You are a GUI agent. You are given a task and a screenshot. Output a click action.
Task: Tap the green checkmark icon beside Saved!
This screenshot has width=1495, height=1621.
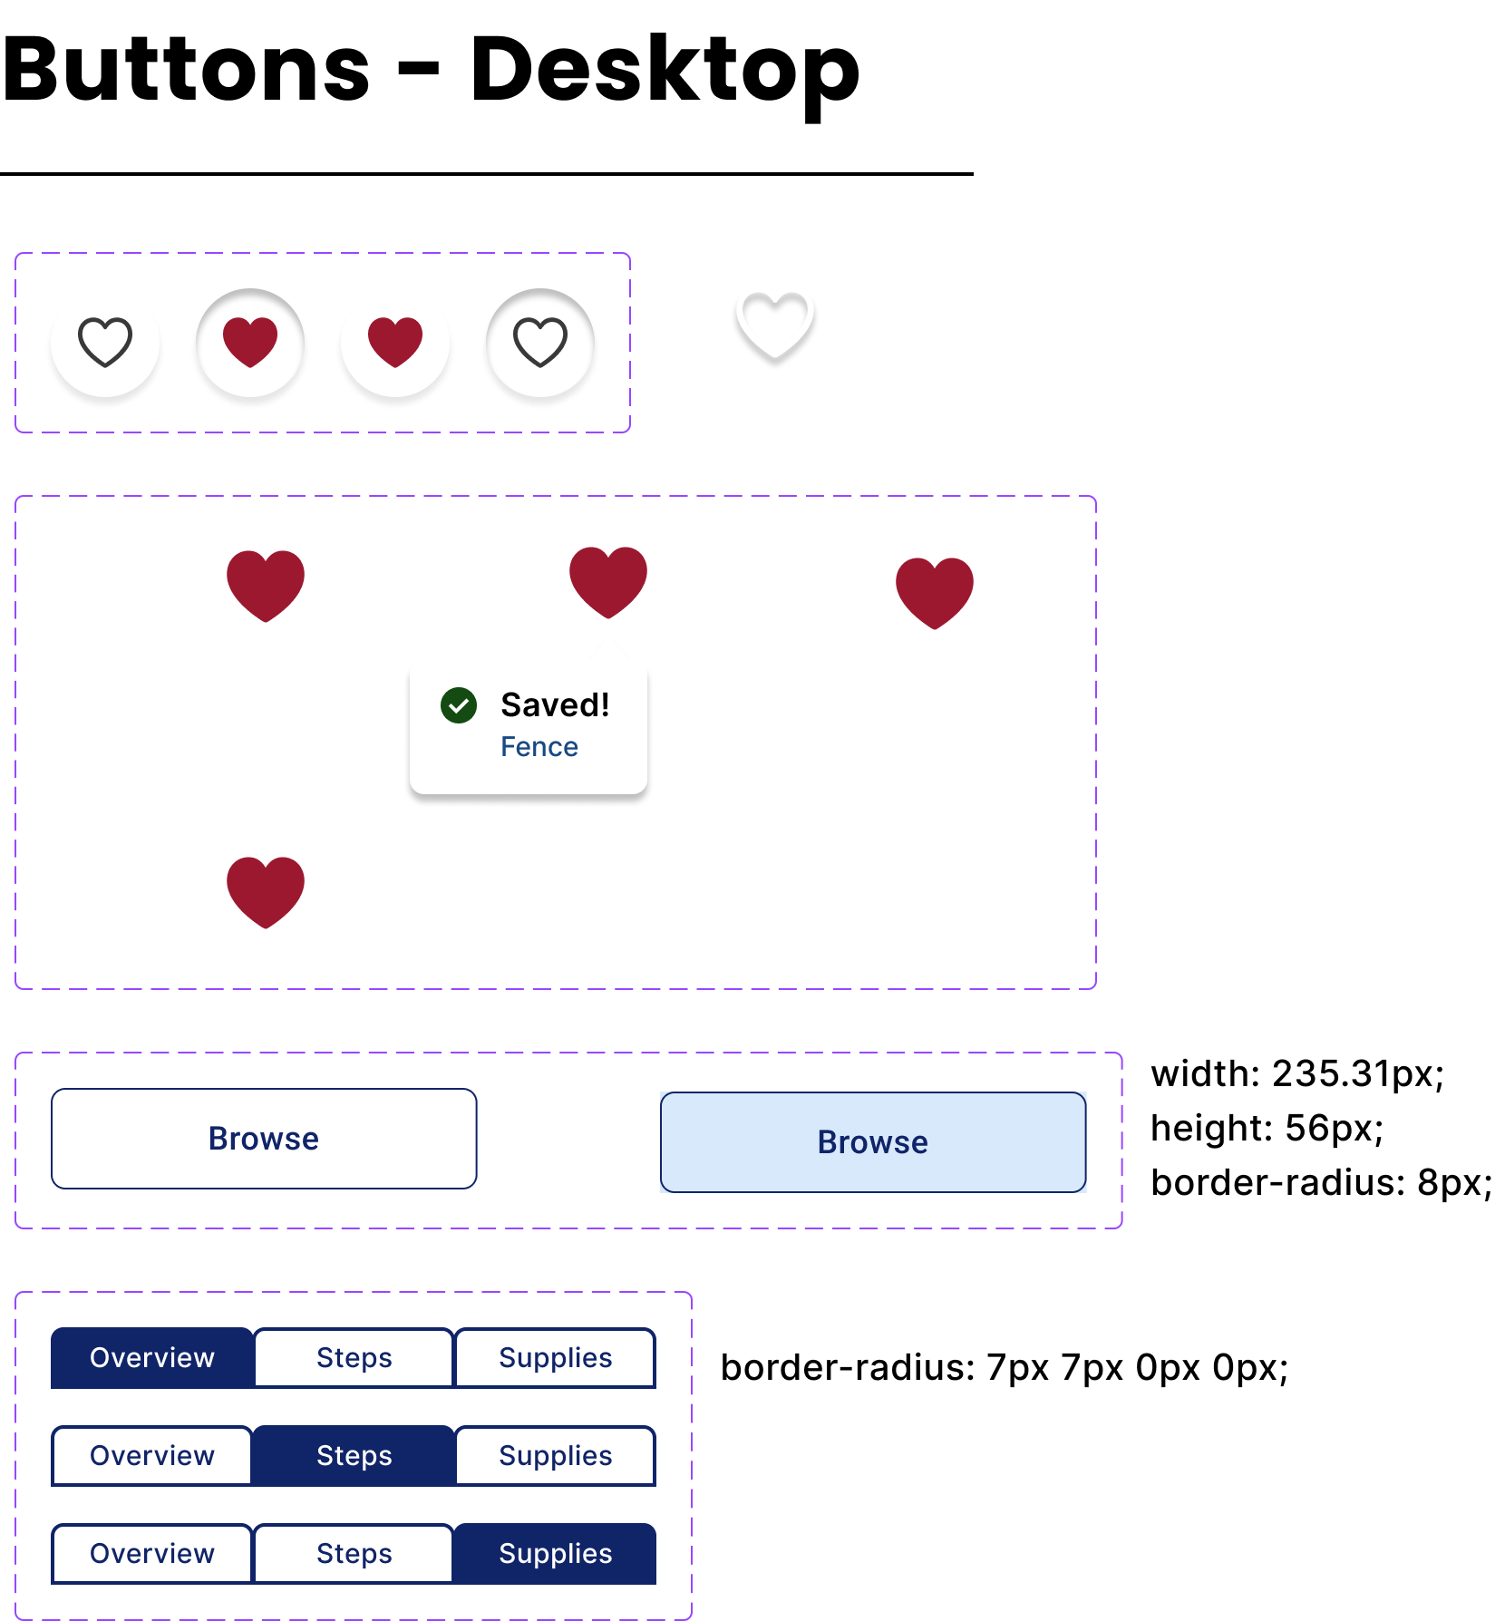pyautogui.click(x=459, y=705)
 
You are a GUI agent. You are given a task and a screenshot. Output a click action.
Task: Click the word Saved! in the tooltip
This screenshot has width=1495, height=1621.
pyautogui.click(x=555, y=705)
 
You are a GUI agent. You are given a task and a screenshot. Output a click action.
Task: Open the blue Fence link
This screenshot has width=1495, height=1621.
pyautogui.click(x=539, y=747)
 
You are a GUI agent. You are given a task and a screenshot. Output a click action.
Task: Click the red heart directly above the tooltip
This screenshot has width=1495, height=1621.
pyautogui.click(x=608, y=581)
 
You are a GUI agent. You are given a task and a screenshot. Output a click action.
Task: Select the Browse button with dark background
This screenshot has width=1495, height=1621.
pyautogui.click(x=264, y=1139)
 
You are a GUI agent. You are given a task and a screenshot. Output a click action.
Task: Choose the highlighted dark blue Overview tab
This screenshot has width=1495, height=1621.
pyautogui.click(x=152, y=1358)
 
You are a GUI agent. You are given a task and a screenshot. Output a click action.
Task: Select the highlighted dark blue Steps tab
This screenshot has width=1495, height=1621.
pyautogui.click(x=354, y=1456)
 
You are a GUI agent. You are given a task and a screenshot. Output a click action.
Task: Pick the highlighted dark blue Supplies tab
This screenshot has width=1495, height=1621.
pyautogui.click(x=555, y=1554)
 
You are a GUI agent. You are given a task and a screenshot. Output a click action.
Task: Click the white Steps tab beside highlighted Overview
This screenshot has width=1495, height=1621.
pyautogui.click(x=354, y=1358)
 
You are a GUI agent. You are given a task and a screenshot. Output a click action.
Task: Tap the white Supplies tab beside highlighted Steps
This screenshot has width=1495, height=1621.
pyautogui.click(x=555, y=1456)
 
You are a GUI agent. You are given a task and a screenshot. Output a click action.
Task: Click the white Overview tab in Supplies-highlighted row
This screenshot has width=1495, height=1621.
pyautogui.click(x=152, y=1554)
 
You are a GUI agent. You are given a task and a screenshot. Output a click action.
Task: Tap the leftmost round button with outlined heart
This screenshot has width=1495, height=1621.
pyautogui.click(x=105, y=343)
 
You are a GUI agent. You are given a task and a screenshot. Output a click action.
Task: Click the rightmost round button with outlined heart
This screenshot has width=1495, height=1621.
pyautogui.click(x=540, y=343)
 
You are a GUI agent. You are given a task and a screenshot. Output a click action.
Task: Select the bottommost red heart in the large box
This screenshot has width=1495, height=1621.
pyautogui.click(x=266, y=891)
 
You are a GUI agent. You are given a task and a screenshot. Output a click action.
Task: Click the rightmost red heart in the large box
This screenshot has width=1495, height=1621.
pyautogui.click(x=935, y=592)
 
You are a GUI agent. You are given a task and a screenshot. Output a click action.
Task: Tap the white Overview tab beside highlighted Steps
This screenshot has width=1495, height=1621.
pyautogui.click(x=152, y=1456)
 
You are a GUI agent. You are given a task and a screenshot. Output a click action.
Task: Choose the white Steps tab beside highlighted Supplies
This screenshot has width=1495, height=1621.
pyautogui.click(x=354, y=1554)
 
